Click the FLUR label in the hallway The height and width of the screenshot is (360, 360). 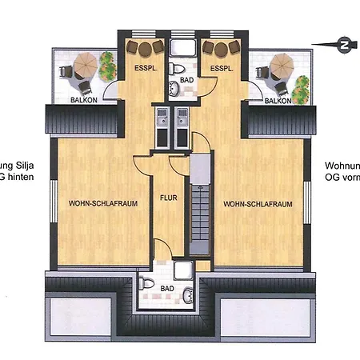coord(168,196)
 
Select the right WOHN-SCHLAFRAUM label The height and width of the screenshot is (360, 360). coord(258,204)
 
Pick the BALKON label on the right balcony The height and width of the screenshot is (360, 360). coord(278,102)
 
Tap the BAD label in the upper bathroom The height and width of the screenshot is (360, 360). coord(186,81)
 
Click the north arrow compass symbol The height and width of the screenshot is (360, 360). coord(343,42)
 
